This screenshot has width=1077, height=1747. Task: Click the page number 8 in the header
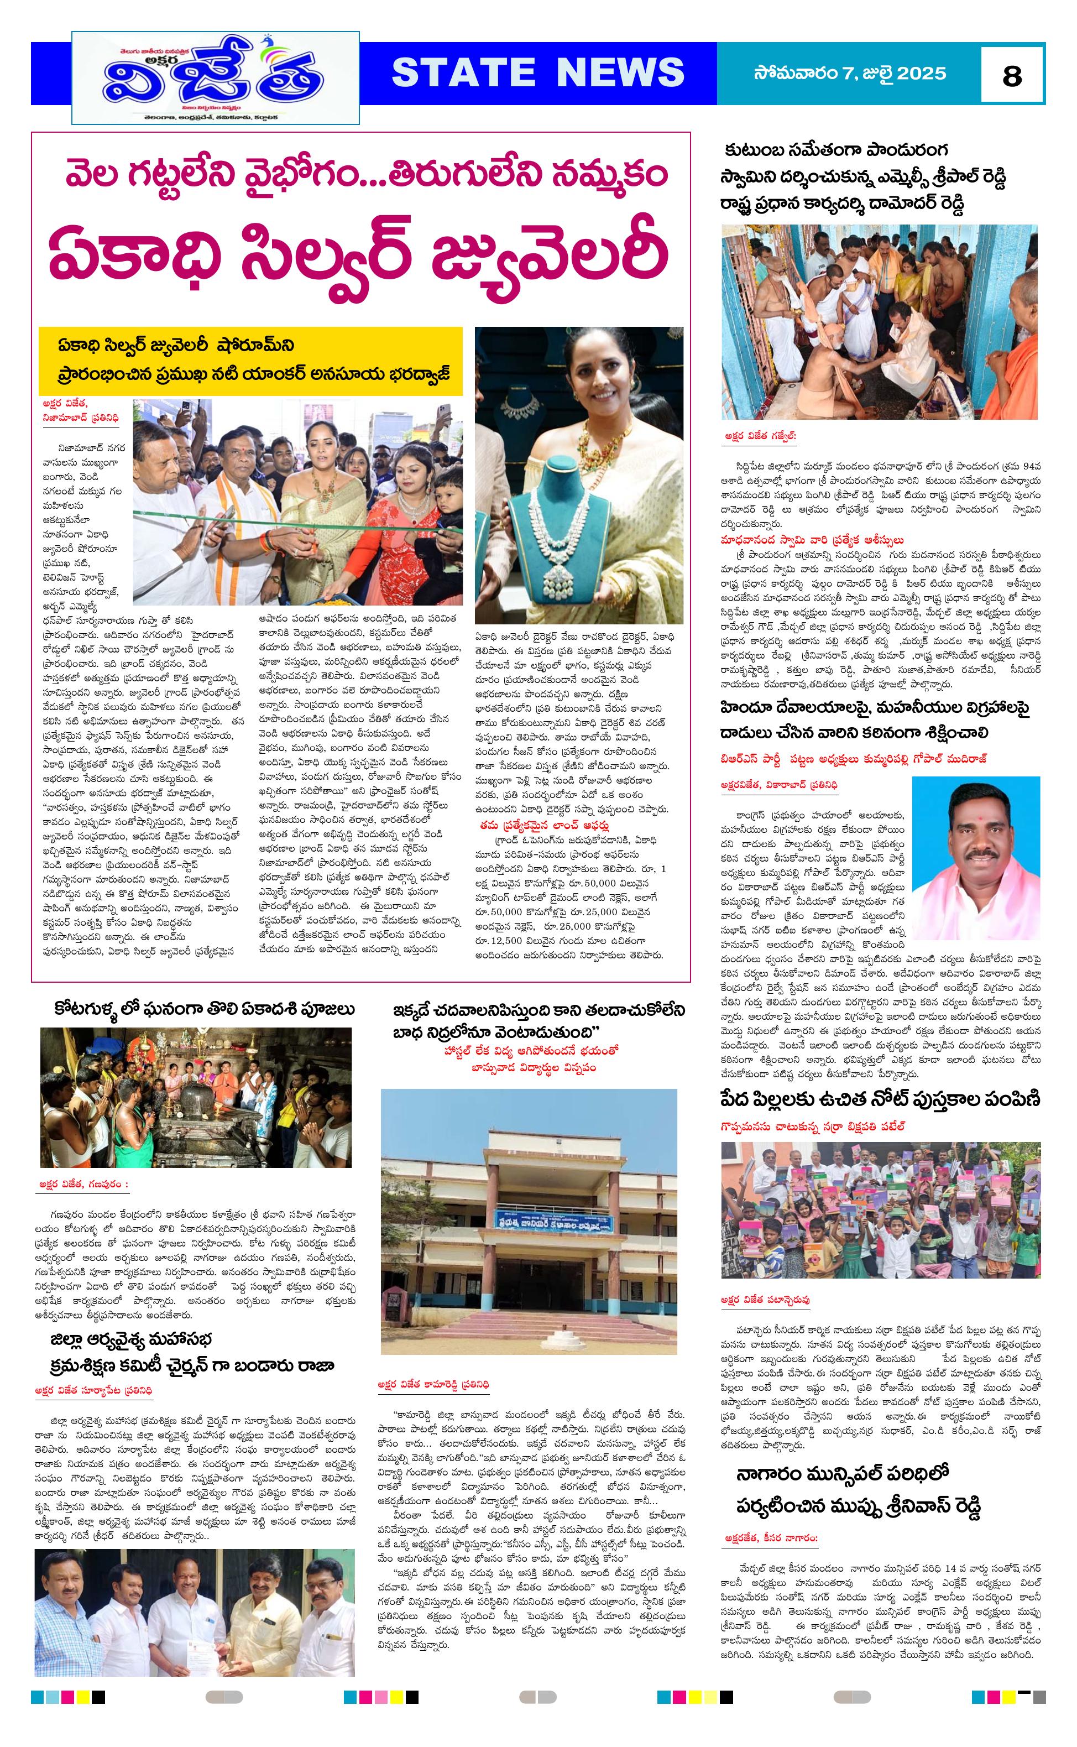click(x=1011, y=75)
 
